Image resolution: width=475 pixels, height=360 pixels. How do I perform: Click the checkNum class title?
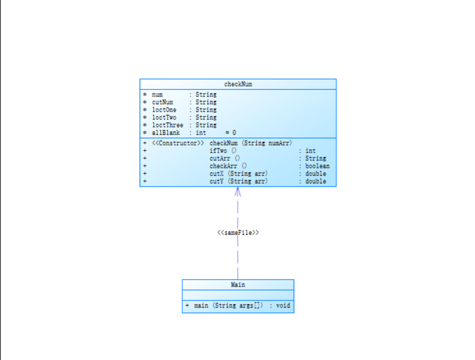pos(238,84)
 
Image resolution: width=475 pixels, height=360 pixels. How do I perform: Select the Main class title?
pos(238,285)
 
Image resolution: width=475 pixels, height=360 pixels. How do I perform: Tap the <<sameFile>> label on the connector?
pos(238,233)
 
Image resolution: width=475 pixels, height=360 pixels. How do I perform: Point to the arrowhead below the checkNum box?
pos(238,191)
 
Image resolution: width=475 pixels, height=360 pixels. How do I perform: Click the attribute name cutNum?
pos(162,102)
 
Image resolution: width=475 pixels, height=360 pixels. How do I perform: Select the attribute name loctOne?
pos(164,110)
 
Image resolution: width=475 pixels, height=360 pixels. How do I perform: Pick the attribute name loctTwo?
pos(164,118)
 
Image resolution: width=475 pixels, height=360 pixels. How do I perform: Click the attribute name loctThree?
pos(167,125)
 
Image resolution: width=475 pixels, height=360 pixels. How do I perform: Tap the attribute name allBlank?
pos(166,133)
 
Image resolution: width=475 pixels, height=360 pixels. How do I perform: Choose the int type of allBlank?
pos(201,133)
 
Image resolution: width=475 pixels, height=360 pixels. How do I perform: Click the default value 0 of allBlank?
pos(234,133)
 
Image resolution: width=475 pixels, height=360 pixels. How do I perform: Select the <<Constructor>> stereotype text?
pos(178,143)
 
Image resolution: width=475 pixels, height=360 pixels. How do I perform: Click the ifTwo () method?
pos(223,151)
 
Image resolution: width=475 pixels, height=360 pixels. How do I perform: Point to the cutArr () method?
pos(224,158)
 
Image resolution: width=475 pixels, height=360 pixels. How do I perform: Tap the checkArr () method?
pos(228,166)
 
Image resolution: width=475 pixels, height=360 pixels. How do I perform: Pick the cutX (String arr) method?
pos(238,174)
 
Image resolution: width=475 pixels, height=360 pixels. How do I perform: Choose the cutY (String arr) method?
pos(238,181)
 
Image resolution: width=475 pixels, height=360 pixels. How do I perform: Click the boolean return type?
pos(317,166)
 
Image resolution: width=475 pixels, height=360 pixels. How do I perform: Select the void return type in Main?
pos(283,306)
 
